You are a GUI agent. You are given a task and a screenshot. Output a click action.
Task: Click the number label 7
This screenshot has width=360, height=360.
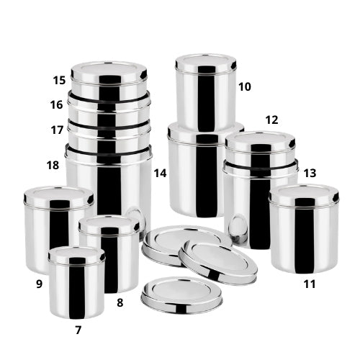pos(78,330)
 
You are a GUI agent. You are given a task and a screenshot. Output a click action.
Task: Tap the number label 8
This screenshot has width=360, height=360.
pos(120,302)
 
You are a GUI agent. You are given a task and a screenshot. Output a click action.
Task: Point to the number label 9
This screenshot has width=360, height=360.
pos(39,284)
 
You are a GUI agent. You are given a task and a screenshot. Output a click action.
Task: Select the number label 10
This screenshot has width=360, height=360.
pos(245,86)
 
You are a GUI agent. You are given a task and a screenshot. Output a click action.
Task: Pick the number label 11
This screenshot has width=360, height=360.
pos(310,284)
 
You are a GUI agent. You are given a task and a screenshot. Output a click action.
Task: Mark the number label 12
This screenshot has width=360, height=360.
pos(271,120)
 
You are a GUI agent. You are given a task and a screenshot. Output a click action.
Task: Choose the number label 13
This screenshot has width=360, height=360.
pos(310,173)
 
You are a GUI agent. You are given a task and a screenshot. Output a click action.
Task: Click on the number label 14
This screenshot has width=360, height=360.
pos(160,173)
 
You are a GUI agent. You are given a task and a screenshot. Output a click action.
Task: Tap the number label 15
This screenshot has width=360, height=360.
pos(59,80)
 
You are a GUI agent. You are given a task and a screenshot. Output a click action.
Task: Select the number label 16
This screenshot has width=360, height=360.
pos(57,104)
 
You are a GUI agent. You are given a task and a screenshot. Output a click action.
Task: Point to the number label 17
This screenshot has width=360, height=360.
pos(57,130)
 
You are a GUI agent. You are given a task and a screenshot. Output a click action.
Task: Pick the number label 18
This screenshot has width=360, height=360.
pos(53,165)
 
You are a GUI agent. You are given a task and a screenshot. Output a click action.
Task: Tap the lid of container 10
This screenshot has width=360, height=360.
pos(206,63)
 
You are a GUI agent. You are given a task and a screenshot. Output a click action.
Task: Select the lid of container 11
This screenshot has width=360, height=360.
pos(304,194)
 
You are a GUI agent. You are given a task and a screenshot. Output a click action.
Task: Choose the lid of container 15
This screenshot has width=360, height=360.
pos(109,73)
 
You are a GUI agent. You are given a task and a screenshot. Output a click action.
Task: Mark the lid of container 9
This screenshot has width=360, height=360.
pos(58,197)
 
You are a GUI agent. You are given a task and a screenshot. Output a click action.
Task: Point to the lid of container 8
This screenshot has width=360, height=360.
pos(109,225)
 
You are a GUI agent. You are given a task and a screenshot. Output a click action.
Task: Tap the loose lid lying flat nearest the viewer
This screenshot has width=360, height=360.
pos(181,295)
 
